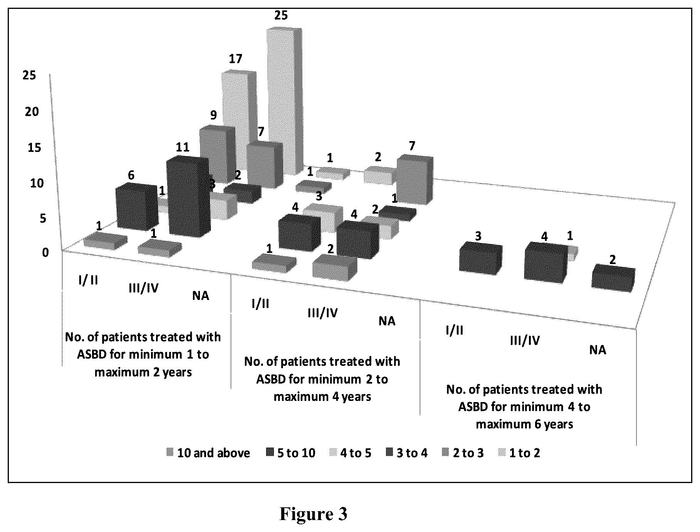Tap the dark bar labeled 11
189,195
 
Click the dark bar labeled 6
137,206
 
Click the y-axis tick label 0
45,253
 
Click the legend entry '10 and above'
209,453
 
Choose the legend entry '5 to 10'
290,453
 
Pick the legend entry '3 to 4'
406,453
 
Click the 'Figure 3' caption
313,514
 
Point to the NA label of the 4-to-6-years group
598,350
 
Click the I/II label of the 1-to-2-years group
88,280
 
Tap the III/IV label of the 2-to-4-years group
322,313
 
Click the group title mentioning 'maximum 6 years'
524,407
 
